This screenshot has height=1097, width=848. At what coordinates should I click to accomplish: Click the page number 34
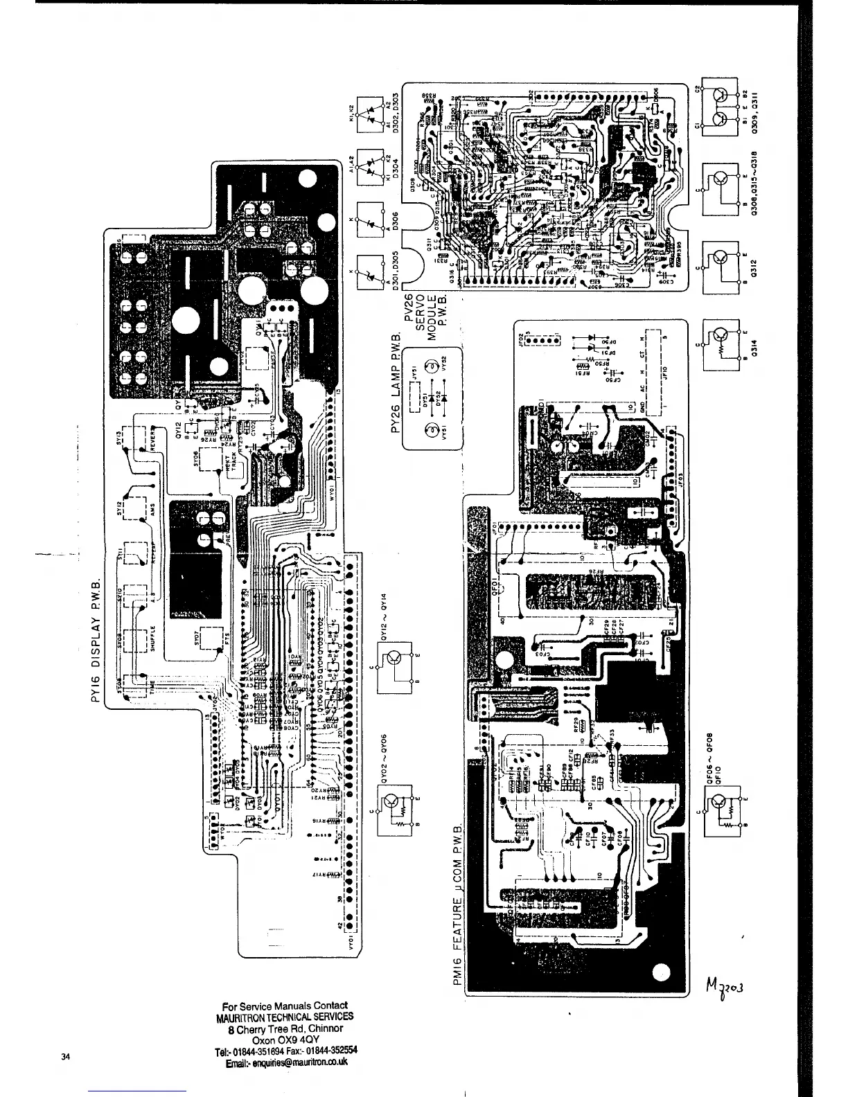[65, 1056]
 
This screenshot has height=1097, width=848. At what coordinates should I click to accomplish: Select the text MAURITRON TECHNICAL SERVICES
[285, 1017]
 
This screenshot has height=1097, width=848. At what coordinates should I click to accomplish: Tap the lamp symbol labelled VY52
[430, 366]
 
